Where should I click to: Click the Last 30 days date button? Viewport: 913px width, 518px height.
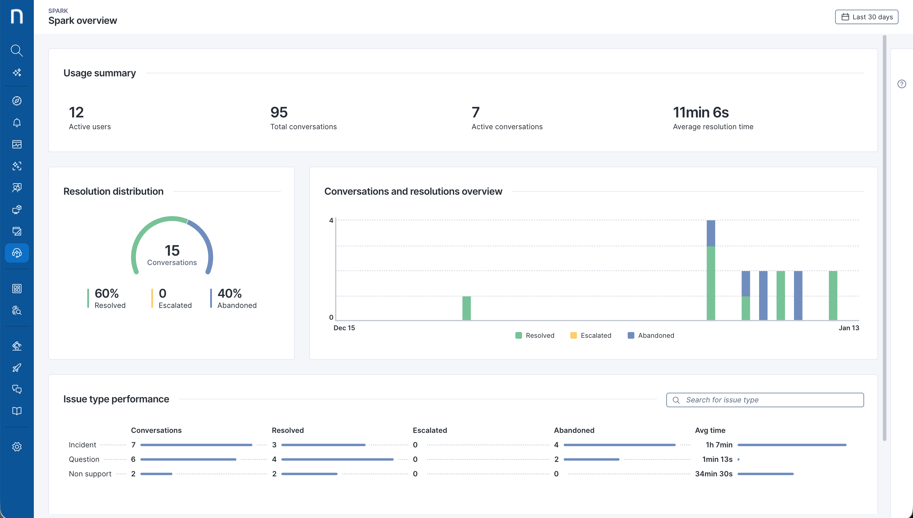867,17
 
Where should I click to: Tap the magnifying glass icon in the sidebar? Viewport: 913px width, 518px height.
17,50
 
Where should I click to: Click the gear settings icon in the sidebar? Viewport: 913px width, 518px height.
17,447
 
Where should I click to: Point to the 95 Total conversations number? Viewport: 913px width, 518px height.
279,112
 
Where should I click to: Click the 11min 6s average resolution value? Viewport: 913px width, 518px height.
700,112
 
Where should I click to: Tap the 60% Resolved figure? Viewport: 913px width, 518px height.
106,293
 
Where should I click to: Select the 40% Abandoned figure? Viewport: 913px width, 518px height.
229,293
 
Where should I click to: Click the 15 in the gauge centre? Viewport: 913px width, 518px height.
172,251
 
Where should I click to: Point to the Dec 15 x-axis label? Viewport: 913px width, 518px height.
344,328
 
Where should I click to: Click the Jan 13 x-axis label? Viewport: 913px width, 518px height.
849,328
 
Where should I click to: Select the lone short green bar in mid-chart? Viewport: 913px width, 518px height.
466,308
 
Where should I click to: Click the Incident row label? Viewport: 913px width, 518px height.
82,445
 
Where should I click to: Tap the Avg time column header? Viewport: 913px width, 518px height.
710,430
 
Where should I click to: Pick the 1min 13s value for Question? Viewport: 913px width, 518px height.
717,459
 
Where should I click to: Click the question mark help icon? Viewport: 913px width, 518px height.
901,84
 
